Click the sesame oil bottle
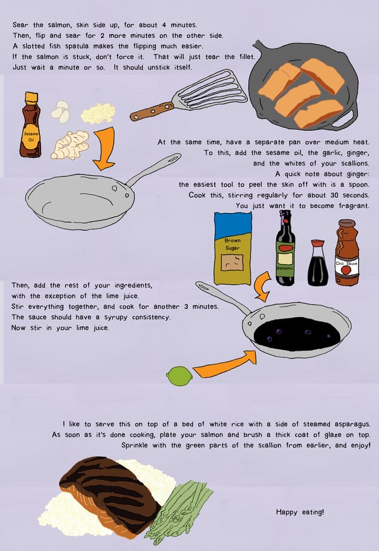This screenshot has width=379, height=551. click(30, 124)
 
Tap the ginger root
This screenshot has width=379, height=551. click(70, 145)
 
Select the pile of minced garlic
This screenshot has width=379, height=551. click(98, 113)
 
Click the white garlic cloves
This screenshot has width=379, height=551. click(61, 112)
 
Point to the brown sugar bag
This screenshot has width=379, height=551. click(232, 248)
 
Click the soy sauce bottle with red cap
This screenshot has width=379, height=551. click(318, 262)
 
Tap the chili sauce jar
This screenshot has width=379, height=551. click(347, 252)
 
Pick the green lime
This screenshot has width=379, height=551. click(179, 376)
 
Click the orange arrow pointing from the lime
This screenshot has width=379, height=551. click(225, 365)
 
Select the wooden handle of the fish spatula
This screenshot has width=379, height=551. click(152, 111)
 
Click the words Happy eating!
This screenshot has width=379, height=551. click(300, 512)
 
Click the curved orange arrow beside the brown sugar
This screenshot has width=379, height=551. click(262, 287)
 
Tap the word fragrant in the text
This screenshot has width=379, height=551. click(354, 206)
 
